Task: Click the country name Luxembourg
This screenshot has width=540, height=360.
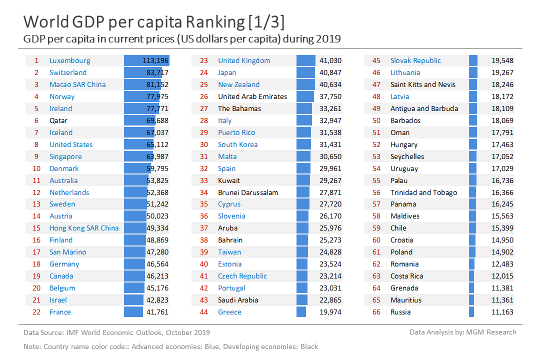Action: click(70, 60)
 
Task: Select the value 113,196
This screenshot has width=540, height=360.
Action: click(155, 60)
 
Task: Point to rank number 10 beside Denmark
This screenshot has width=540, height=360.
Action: click(36, 168)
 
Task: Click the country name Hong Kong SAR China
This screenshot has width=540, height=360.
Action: click(84, 228)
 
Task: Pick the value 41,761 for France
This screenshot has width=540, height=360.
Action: click(156, 312)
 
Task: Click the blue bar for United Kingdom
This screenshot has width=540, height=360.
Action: click(305, 60)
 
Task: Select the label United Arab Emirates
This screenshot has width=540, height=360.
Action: click(252, 96)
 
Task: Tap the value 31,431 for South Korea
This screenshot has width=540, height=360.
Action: click(330, 144)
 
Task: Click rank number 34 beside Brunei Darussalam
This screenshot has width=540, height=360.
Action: click(204, 192)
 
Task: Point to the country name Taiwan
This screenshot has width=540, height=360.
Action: click(229, 252)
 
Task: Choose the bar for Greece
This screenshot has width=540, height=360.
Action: click(301, 312)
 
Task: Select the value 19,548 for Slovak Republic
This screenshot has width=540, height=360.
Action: click(502, 60)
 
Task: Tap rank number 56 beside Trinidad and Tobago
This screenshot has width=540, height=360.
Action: click(376, 192)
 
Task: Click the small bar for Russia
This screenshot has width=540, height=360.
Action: click(471, 312)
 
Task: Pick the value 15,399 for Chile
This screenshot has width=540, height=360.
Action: click(502, 228)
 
